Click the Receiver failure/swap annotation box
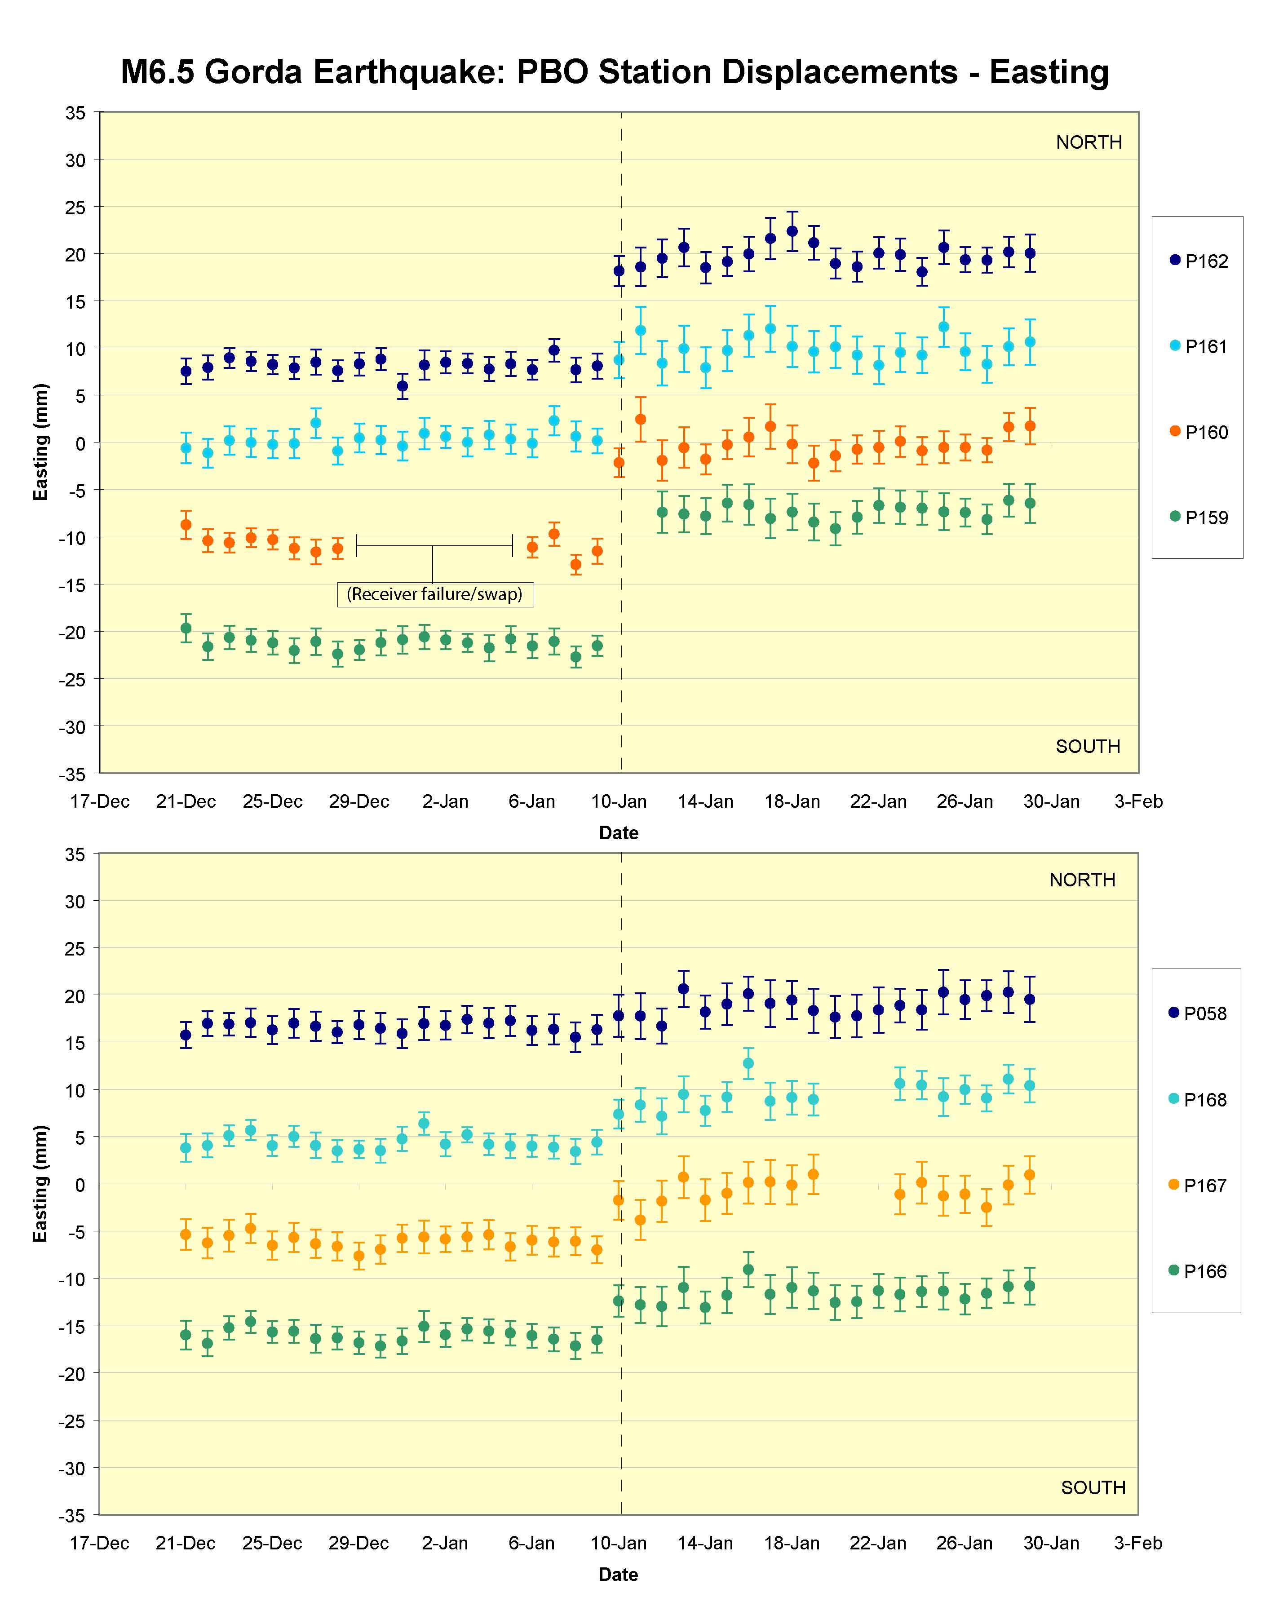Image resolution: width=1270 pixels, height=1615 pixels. click(x=435, y=594)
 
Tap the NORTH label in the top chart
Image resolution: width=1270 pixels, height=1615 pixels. click(x=1089, y=142)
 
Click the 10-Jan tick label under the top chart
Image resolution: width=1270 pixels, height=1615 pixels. click(x=619, y=801)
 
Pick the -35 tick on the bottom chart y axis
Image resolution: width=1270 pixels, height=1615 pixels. click(x=73, y=1515)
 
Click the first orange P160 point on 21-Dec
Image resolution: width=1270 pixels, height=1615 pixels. click(x=186, y=524)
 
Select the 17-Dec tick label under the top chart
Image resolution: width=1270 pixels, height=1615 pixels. click(x=100, y=801)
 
